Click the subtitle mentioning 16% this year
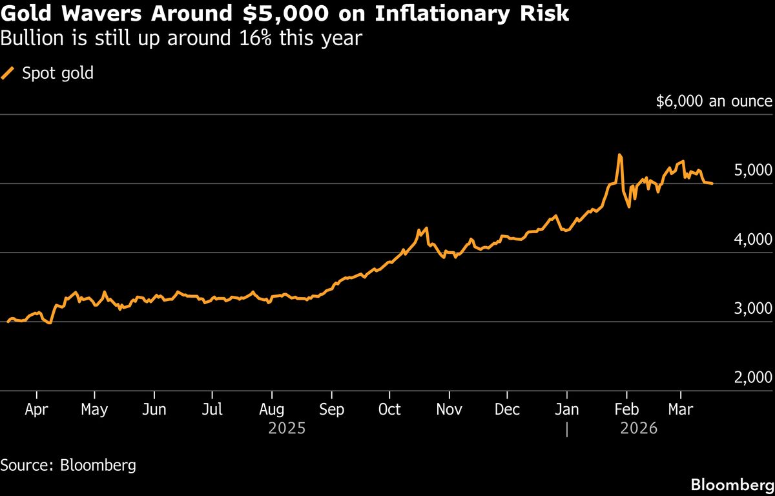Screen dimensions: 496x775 (x=181, y=39)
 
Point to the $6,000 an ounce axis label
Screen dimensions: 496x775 (x=714, y=101)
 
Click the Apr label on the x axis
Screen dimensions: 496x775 (x=36, y=409)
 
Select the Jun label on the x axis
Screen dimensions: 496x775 (x=154, y=409)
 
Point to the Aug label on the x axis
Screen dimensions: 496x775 (x=272, y=409)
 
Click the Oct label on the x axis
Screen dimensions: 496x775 (x=389, y=409)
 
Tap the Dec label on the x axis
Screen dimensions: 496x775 (x=508, y=409)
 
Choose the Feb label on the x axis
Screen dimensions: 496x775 (x=626, y=409)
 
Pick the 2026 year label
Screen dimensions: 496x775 (x=638, y=428)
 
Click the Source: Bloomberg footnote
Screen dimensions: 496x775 (x=68, y=465)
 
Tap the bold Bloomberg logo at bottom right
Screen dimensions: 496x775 (x=732, y=484)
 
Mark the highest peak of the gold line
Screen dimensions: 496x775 (x=619, y=155)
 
